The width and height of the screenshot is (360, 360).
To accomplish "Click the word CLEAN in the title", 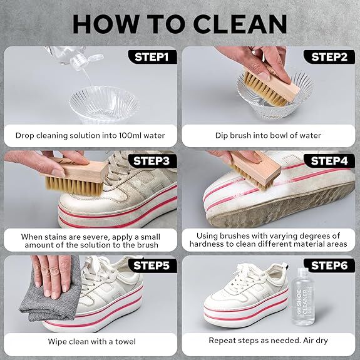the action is pyautogui.click(x=240, y=24).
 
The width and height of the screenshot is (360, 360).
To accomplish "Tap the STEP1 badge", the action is pyautogui.click(x=152, y=57).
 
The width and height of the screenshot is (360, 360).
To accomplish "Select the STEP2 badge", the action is pyautogui.click(x=329, y=57).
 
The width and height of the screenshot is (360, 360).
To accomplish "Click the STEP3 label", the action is pyautogui.click(x=152, y=161).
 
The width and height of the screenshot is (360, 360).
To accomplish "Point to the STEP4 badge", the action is pyautogui.click(x=329, y=161).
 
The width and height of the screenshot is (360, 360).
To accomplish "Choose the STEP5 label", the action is pyautogui.click(x=152, y=265).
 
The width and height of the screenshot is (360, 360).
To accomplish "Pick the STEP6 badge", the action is pyautogui.click(x=329, y=265).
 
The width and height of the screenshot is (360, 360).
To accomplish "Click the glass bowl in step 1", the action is pyautogui.click(x=104, y=105).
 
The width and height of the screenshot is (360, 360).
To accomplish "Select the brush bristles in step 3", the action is pyautogui.click(x=74, y=186).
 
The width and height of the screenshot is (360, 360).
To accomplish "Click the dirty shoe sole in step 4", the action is pyautogui.click(x=280, y=207).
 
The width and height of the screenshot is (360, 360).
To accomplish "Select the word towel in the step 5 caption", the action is pyautogui.click(x=125, y=341).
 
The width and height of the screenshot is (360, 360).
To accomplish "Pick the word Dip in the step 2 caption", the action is pyautogui.click(x=222, y=136).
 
